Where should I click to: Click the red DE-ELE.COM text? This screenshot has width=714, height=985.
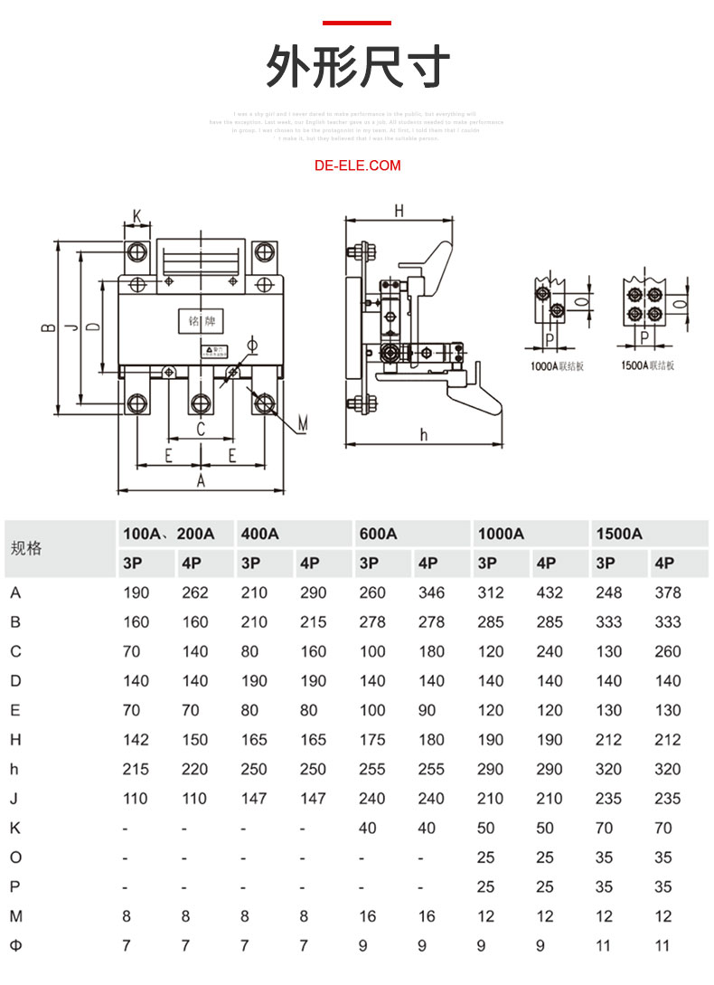[x=357, y=166]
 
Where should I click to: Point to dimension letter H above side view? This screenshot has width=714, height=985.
[x=399, y=211]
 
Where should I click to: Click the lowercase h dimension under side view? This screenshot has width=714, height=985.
[x=423, y=434]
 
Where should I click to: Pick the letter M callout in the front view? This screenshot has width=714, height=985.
[x=304, y=422]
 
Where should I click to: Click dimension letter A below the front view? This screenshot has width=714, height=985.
[x=202, y=482]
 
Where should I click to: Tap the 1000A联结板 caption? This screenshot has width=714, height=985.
[x=558, y=365]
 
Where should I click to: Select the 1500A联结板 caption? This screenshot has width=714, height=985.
[x=647, y=365]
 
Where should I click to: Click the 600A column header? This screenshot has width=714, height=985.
[x=379, y=534]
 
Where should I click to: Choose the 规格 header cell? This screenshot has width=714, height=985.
[x=26, y=548]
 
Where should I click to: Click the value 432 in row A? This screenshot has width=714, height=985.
[x=549, y=592]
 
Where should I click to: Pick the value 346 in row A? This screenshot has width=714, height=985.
[x=431, y=592]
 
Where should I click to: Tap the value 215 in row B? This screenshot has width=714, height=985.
[x=313, y=622]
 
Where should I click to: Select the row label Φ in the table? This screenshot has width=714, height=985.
[x=15, y=946]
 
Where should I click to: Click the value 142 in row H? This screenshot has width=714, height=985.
[x=136, y=740]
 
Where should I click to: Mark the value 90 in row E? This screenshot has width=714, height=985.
[x=427, y=710]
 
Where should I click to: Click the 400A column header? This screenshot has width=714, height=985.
[x=260, y=534]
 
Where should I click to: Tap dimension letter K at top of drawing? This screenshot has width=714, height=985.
[x=137, y=216]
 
